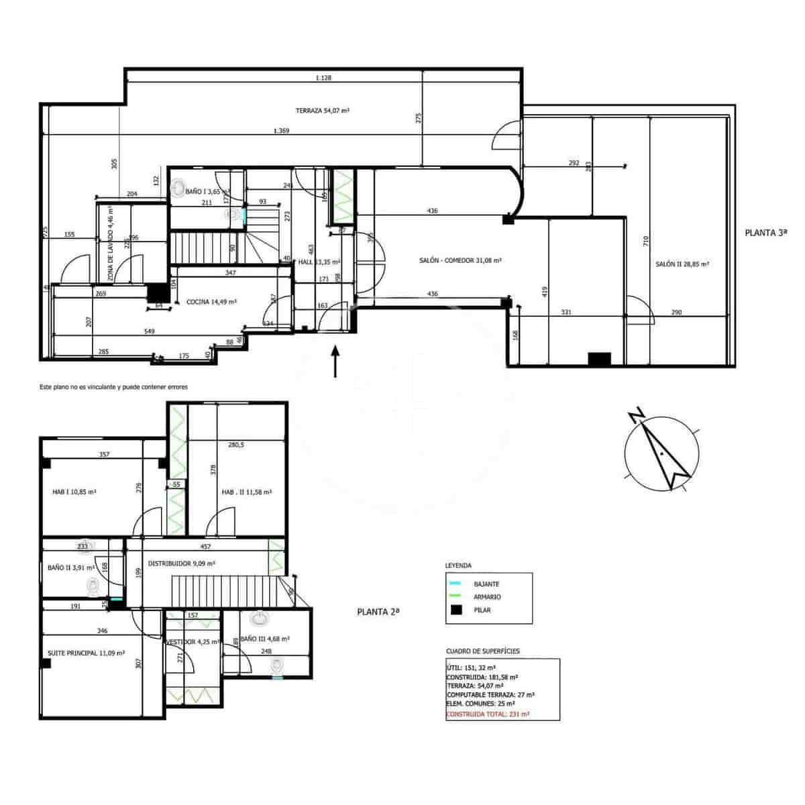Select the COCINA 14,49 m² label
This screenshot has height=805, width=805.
coord(211,302)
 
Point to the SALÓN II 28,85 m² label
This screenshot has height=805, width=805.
coord(682,264)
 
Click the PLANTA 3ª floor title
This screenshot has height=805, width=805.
coord(765,233)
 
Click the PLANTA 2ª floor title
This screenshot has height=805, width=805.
coord(378,611)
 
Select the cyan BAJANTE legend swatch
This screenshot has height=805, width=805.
coord(456,584)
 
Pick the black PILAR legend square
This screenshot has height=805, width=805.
coord(456,610)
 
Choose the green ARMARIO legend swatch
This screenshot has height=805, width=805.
coord(456,596)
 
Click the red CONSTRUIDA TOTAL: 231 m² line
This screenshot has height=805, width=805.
coord(488,714)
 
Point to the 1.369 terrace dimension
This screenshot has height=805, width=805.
coord(282,131)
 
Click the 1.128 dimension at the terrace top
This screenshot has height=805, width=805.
coord(323,78)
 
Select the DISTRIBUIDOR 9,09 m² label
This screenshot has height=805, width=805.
coord(181,563)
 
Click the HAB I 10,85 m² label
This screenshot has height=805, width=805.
coord(74,492)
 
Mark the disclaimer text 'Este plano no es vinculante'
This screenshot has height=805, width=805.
coord(113,387)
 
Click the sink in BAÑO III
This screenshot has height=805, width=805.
coord(259,617)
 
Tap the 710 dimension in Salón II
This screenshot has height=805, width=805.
coord(646,241)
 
